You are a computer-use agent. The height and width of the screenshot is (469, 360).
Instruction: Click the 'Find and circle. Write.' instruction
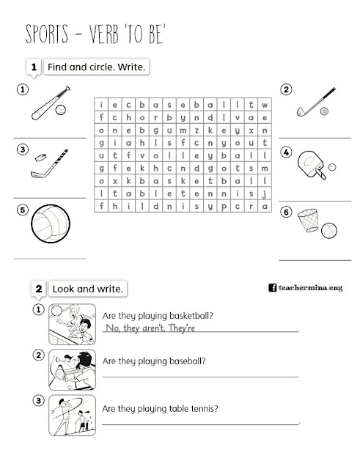(x=96, y=67)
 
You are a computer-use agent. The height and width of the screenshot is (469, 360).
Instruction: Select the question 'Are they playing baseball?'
(x=154, y=361)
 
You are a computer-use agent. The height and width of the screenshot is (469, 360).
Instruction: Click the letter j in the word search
(x=263, y=193)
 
